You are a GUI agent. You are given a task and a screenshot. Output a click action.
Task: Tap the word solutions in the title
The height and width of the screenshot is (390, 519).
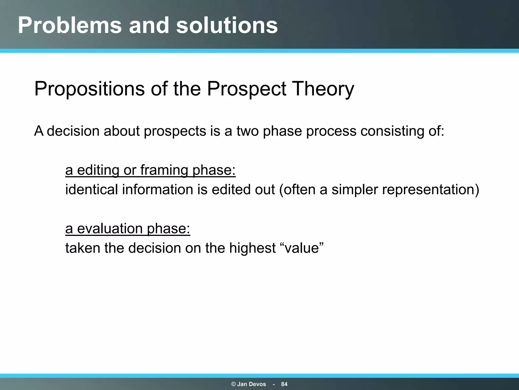point(227,25)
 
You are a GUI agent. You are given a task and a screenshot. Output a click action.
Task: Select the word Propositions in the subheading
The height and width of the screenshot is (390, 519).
point(89,89)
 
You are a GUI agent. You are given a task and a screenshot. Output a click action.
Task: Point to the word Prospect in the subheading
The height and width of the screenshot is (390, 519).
point(247,89)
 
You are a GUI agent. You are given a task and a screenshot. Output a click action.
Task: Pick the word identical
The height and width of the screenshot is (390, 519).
point(91,189)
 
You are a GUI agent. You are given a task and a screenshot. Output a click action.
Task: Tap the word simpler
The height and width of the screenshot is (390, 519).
point(355,190)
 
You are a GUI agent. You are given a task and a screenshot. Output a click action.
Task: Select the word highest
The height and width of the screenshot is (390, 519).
point(252,248)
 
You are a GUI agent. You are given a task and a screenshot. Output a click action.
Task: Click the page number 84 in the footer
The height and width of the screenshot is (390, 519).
point(284,384)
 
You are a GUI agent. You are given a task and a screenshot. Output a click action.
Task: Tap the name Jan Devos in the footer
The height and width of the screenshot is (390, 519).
point(251,384)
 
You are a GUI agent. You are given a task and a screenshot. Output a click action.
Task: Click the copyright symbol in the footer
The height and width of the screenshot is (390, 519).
point(234,384)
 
